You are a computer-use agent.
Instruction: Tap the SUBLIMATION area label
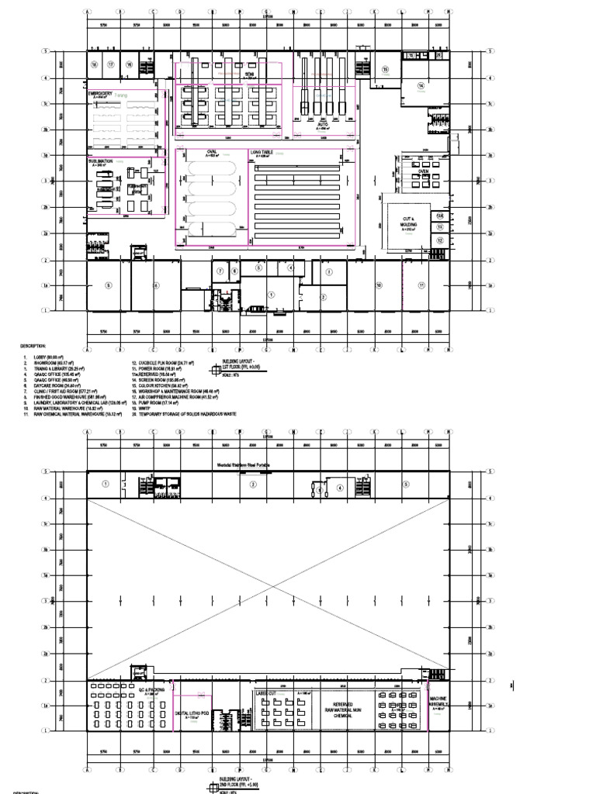(103, 161)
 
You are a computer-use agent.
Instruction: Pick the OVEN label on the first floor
(424, 171)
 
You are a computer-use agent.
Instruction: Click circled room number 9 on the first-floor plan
(108, 285)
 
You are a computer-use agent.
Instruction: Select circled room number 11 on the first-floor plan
(421, 285)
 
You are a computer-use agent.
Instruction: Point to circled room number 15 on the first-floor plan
(384, 69)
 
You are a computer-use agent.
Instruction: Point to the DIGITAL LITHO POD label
(193, 713)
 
